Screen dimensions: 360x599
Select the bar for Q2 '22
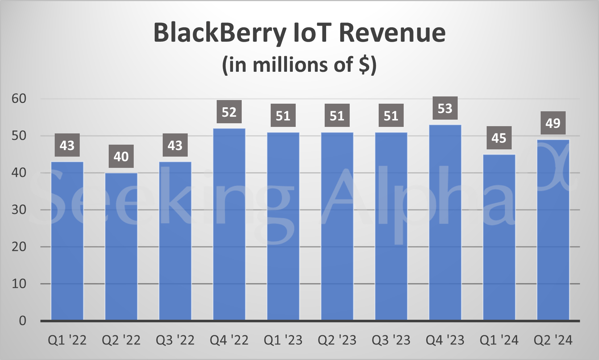tap(121, 247)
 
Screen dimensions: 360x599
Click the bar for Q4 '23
tap(445, 223)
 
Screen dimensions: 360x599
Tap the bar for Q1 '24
tap(499, 237)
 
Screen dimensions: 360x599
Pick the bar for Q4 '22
tap(229, 224)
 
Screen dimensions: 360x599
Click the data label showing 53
tap(445, 108)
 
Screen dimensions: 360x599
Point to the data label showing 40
tap(121, 157)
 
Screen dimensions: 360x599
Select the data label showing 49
tap(553, 123)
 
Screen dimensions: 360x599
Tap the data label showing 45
tap(499, 138)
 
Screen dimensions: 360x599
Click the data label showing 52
tap(229, 112)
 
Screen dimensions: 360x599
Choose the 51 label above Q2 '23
tap(337, 116)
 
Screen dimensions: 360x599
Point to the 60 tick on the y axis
tap(19, 99)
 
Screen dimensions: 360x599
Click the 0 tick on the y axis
tap(22, 320)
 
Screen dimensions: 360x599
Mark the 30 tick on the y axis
tap(19, 210)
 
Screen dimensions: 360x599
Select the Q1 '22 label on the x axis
tap(67, 340)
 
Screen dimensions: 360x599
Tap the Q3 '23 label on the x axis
tap(391, 340)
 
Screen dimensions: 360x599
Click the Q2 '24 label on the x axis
tap(553, 340)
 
